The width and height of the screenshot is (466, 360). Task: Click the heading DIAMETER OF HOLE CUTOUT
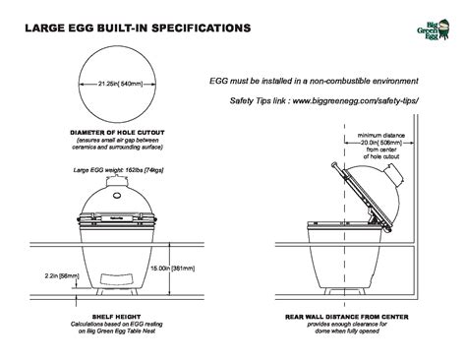[117, 131]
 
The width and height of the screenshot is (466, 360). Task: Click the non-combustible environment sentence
[315, 80]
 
